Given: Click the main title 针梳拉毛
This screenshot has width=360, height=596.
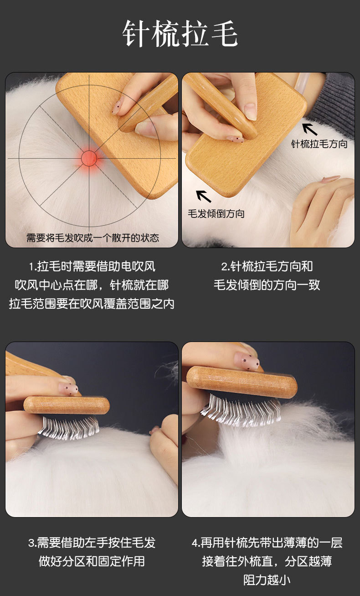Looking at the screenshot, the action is [x=180, y=34].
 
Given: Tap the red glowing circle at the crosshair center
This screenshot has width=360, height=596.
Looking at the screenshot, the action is [x=89, y=158].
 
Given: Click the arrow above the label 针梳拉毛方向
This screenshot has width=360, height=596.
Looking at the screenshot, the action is [x=309, y=130].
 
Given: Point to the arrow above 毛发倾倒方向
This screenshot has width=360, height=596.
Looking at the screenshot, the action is [x=203, y=196].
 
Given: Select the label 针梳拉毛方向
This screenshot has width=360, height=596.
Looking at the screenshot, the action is [x=319, y=144].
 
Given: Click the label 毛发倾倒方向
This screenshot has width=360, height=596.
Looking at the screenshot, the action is [x=216, y=214].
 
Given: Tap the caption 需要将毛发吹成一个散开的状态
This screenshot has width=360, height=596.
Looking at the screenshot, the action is [x=93, y=238].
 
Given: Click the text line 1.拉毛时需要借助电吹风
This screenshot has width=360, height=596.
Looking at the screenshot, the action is [x=92, y=266].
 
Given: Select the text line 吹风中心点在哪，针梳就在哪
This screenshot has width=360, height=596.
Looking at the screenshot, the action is [x=92, y=285].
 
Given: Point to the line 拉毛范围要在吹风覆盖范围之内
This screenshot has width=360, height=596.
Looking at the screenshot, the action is [x=92, y=304].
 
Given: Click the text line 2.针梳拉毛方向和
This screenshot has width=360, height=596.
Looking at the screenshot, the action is [x=267, y=266].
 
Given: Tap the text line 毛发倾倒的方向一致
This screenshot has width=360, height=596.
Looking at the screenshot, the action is [x=267, y=285].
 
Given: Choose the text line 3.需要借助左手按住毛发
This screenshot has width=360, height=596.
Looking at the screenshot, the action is [x=92, y=543].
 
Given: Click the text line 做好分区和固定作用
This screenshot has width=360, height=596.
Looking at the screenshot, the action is [x=92, y=561].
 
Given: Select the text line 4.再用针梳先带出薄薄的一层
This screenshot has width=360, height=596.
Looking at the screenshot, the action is [x=267, y=543].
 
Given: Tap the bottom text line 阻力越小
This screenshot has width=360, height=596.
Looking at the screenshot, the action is [x=267, y=580].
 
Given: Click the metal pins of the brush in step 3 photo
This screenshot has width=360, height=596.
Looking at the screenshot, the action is [x=69, y=428].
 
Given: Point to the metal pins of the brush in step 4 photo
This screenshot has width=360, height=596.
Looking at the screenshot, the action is [x=241, y=411].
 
